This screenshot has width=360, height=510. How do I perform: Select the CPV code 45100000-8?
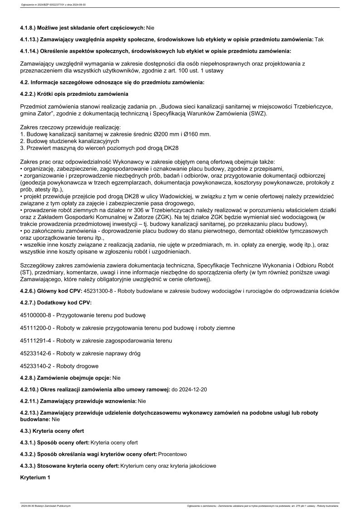[36, 315]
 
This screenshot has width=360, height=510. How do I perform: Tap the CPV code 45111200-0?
[36, 328]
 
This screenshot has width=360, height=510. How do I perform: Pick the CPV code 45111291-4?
[36, 341]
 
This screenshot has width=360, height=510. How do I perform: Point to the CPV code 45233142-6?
[36, 353]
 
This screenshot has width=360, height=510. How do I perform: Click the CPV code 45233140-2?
[36, 366]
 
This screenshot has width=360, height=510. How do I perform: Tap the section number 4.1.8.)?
[30, 28]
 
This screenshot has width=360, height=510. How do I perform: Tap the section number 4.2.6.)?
[30, 291]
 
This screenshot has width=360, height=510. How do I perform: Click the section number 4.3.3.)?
[30, 466]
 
